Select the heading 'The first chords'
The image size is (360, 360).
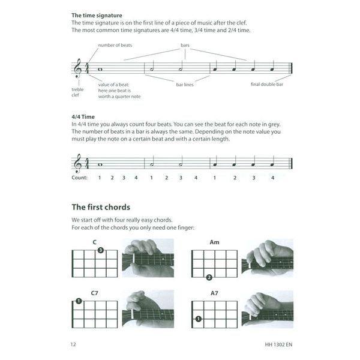coord(100,207)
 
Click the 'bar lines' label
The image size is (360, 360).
coord(185,85)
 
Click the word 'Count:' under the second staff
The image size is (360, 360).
coord(79,178)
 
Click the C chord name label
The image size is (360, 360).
coord(94,242)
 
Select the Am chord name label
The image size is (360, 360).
coord(214,242)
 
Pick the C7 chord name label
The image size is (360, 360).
coord(94,293)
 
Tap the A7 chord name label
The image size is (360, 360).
coord(214,293)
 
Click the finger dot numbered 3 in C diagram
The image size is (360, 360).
coord(101,250)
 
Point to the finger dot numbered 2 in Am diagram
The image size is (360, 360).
coord(209,277)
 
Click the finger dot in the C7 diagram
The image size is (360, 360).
coord(79,301)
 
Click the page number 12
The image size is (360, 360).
coord(74,344)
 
